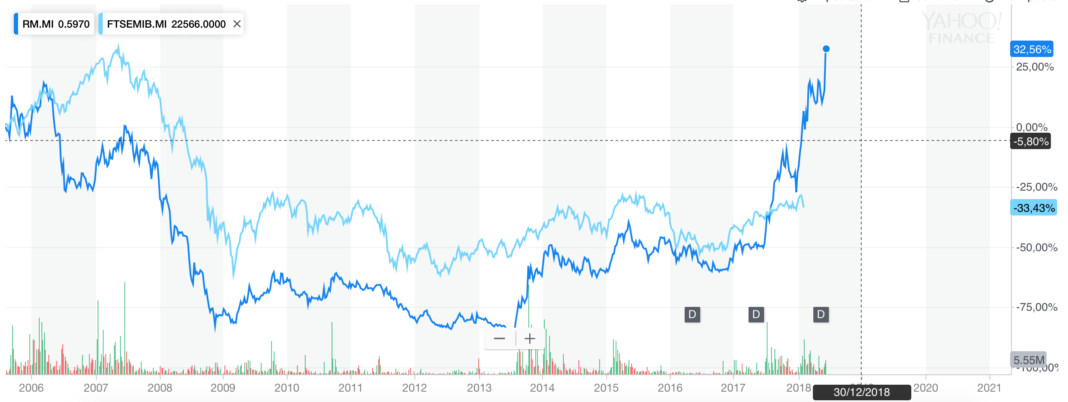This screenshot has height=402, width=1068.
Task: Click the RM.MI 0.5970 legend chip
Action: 55,24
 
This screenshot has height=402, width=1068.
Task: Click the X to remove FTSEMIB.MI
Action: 237,24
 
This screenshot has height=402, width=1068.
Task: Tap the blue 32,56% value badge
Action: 1031,49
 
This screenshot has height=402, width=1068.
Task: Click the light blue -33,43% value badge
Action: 1033,208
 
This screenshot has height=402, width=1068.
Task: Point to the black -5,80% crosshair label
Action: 1030,141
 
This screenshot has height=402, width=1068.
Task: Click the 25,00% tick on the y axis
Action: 1034,67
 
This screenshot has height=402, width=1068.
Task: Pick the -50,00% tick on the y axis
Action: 1036,248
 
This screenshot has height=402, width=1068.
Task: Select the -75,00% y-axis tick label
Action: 1036,307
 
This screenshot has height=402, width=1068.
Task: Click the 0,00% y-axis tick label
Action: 1031,128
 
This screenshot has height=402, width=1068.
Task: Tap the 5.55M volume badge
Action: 1029,360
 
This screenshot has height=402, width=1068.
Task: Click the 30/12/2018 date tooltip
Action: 862,392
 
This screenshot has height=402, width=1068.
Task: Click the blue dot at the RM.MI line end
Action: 826,49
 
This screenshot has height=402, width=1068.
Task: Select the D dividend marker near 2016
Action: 692,314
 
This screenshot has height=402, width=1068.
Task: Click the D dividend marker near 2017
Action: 756,314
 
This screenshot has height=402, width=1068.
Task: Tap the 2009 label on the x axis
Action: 223,388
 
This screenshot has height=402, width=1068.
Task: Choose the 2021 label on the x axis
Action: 989,388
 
